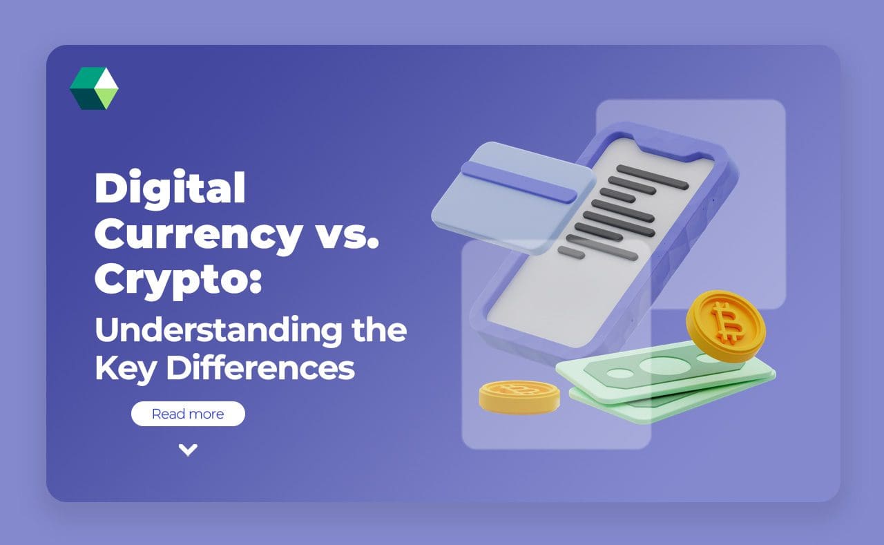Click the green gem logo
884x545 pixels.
(94, 88)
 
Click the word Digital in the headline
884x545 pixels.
(170, 188)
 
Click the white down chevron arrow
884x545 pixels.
(188, 450)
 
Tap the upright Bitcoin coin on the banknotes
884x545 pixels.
(725, 325)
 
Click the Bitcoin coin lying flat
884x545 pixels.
(519, 397)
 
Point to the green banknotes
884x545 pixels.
(663, 380)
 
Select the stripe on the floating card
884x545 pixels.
(518, 182)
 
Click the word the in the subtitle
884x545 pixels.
(386, 332)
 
